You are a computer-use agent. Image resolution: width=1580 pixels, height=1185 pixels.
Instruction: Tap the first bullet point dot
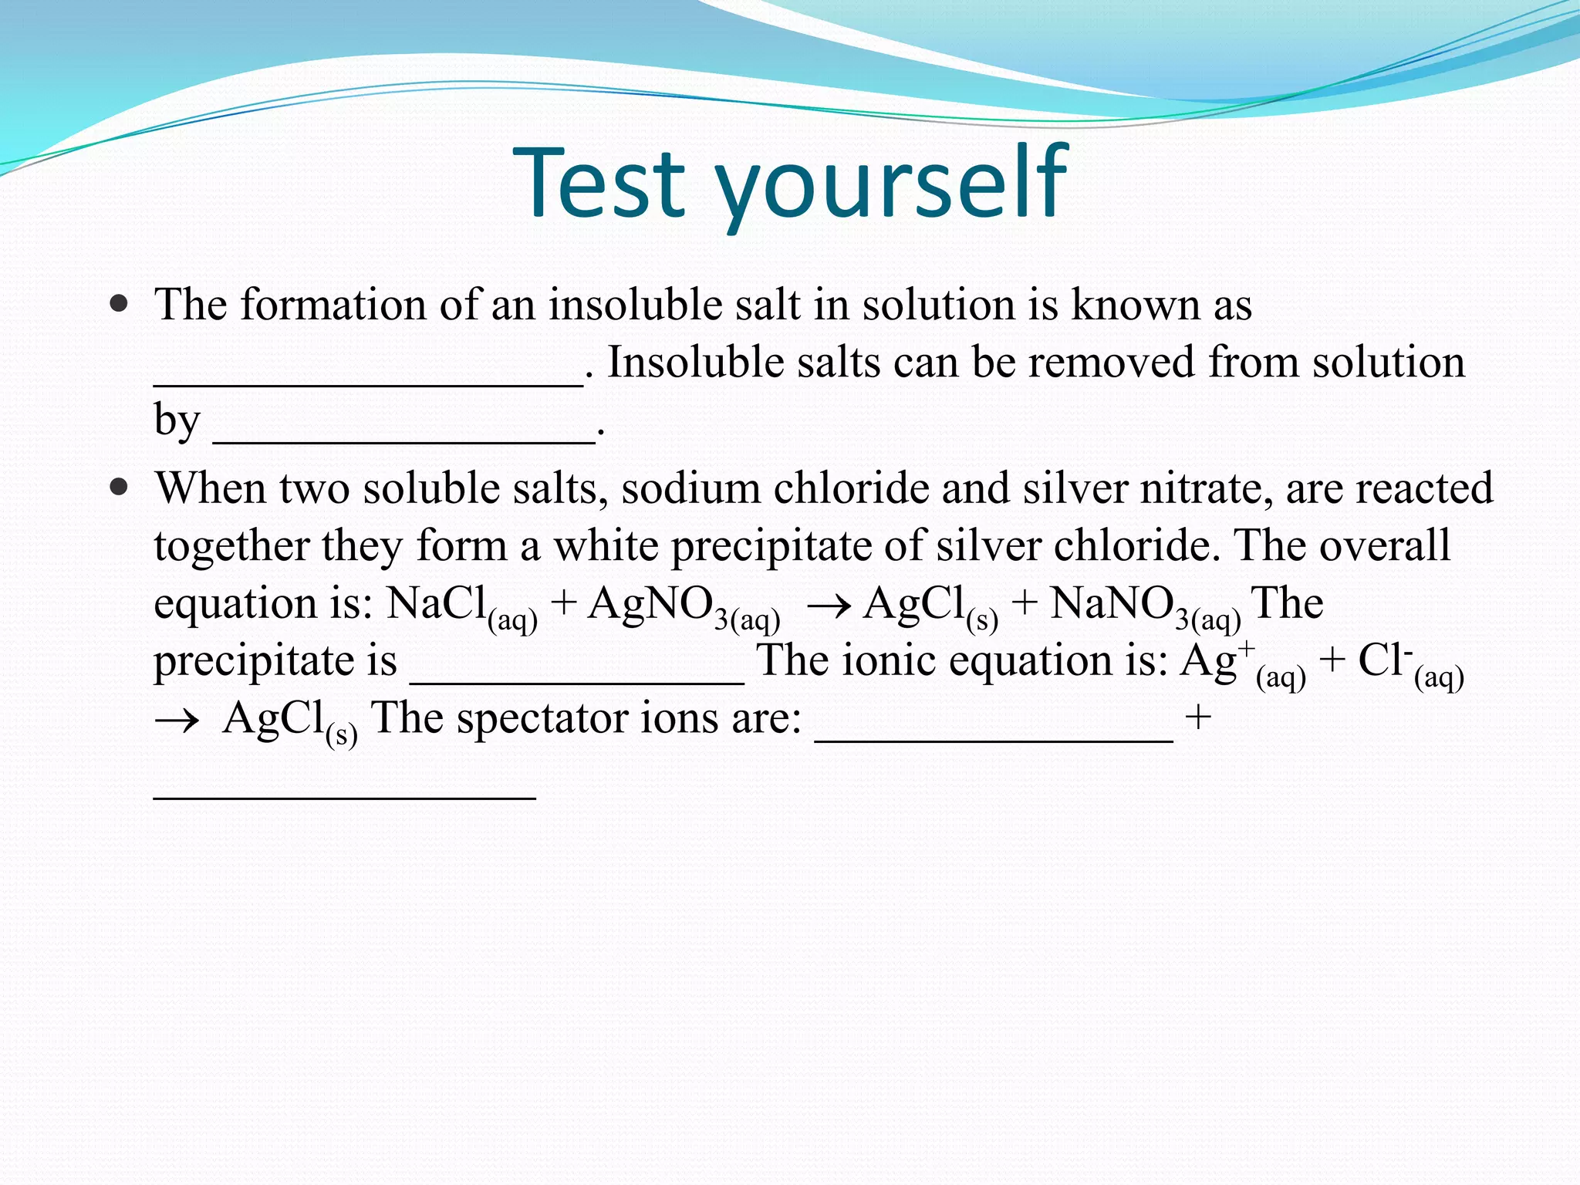pyautogui.click(x=119, y=302)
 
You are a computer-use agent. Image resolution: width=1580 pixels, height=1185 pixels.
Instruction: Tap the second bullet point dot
pyautogui.click(x=119, y=488)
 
